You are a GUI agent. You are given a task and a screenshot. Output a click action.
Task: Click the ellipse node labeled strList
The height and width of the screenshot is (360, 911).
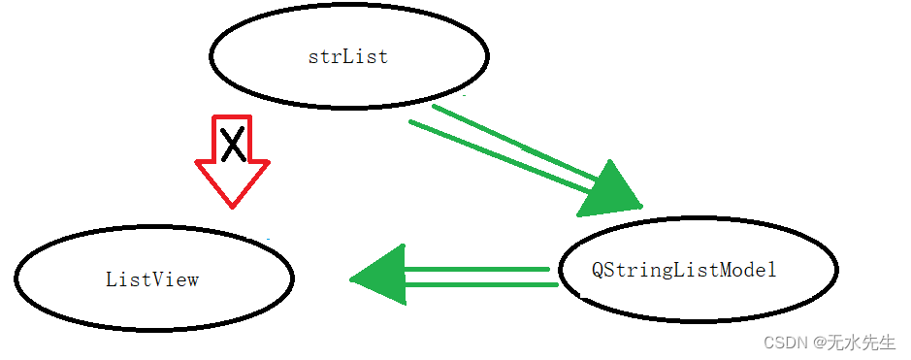click(348, 55)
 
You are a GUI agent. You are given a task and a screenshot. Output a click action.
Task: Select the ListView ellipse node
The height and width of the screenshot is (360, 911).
click(153, 278)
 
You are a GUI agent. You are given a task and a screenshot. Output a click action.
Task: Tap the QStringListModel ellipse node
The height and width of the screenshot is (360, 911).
click(698, 271)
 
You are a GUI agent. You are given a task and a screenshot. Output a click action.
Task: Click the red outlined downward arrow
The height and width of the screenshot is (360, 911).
click(232, 160)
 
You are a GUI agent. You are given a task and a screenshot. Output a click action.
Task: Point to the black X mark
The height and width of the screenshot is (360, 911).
click(232, 145)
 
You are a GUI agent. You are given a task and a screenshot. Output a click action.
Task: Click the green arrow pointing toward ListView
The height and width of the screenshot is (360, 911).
click(456, 276)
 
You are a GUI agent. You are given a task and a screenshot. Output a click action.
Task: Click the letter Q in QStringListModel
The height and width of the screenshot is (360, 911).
click(599, 271)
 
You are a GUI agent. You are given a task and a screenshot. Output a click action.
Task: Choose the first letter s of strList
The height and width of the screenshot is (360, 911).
click(313, 57)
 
